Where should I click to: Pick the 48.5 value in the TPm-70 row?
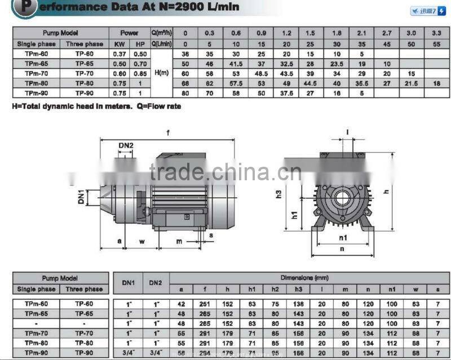tap(260, 73)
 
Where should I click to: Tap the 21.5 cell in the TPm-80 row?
tap(412, 83)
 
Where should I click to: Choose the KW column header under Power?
tap(120, 43)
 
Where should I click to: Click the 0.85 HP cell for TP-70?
tap(139, 73)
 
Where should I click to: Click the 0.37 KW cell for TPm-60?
tap(120, 54)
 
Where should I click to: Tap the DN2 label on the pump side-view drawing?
tap(126, 145)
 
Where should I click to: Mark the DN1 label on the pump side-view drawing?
tap(81, 197)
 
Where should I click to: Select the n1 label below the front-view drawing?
tap(343, 237)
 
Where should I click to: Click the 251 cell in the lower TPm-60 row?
tap(204, 304)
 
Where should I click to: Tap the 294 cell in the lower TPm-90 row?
tap(204, 353)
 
